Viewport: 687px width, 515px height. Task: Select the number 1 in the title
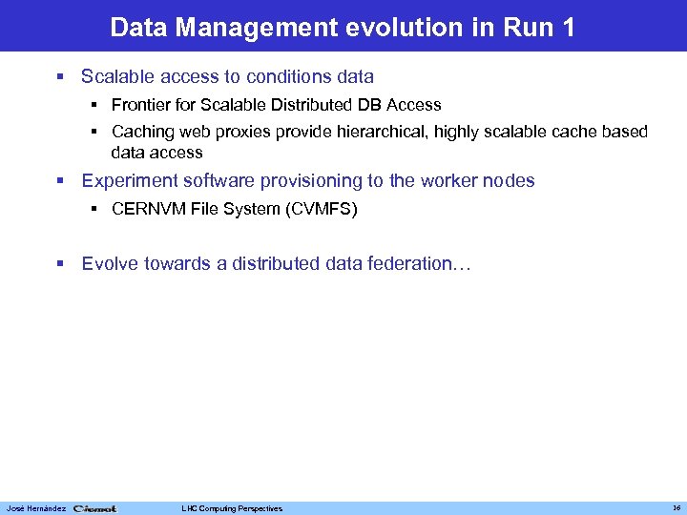[x=569, y=27]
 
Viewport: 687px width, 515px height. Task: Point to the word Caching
[x=142, y=132]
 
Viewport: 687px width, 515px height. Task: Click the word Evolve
[x=110, y=263]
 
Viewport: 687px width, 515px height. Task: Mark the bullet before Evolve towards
[x=62, y=263]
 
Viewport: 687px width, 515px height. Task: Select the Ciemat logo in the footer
[x=95, y=508]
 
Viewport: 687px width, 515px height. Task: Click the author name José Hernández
[x=35, y=508]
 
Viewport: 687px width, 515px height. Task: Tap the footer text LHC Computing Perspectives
[x=233, y=508]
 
